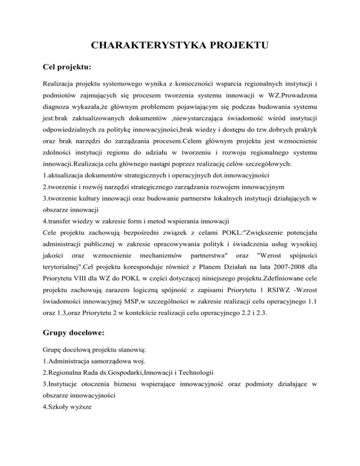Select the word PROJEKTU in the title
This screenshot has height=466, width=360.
(240, 46)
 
